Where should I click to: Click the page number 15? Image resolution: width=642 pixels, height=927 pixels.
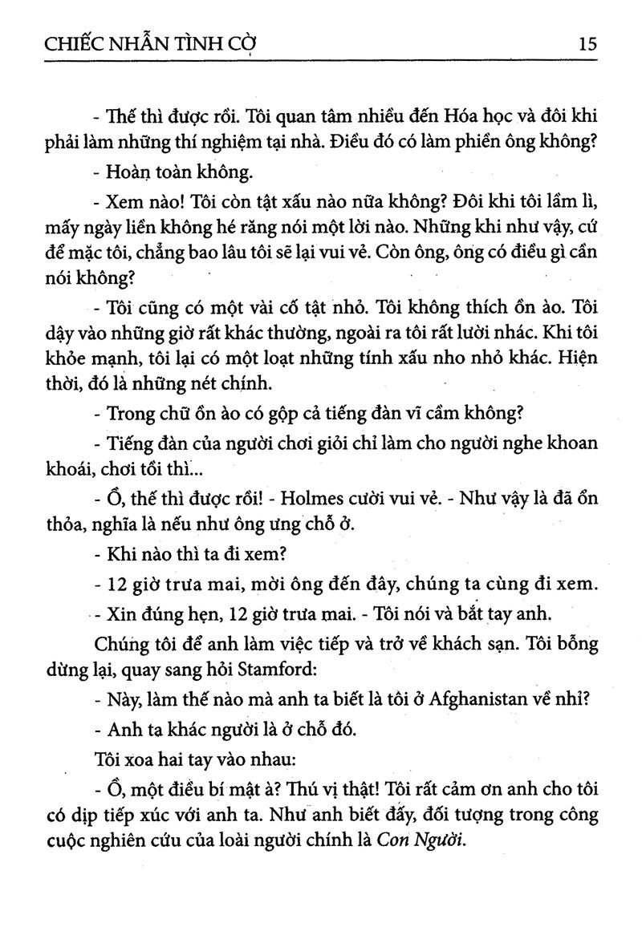tap(587, 43)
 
